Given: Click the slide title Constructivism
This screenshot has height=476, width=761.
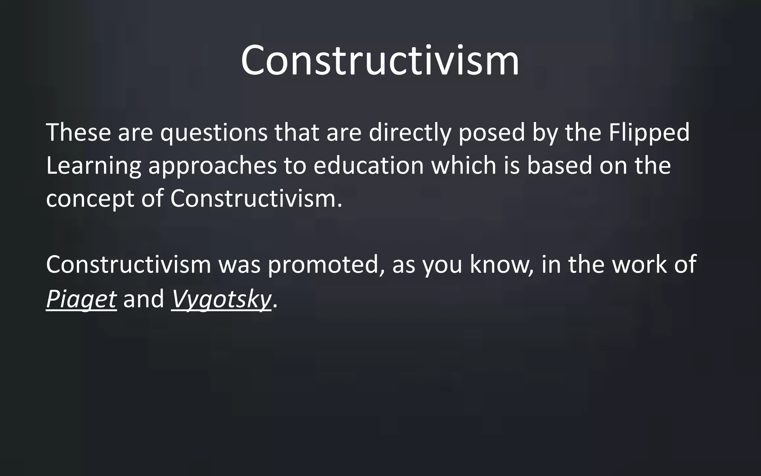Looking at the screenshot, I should pyautogui.click(x=380, y=60).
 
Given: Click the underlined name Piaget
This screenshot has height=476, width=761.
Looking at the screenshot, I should pyautogui.click(x=81, y=299).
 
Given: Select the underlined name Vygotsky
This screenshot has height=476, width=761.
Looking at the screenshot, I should pyautogui.click(x=221, y=299).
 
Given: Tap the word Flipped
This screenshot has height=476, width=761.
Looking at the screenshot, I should pyautogui.click(x=649, y=132).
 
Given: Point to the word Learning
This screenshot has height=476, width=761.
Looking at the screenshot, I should pyautogui.click(x=94, y=166).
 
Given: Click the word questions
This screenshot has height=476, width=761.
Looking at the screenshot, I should pyautogui.click(x=214, y=133).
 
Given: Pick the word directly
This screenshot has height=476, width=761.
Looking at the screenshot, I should pyautogui.click(x=409, y=133).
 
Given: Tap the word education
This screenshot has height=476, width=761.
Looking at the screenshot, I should pyautogui.click(x=369, y=165).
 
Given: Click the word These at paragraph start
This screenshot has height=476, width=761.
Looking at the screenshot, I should pyautogui.click(x=78, y=132).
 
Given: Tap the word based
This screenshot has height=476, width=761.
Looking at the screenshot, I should pyautogui.click(x=559, y=165).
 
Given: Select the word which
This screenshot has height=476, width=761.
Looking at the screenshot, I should pyautogui.click(x=464, y=165).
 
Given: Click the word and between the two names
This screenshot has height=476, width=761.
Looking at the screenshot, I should pyautogui.click(x=144, y=299).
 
